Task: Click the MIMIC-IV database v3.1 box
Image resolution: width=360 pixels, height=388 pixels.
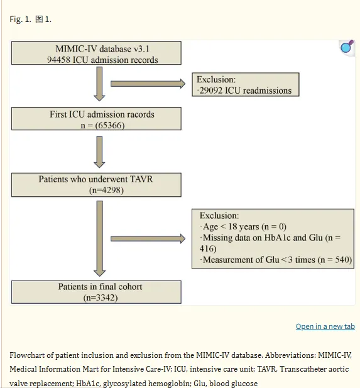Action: (x=96, y=53)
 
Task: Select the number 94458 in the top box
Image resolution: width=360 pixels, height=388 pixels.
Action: (x=58, y=60)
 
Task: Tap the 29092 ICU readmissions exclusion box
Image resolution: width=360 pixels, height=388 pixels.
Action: (x=246, y=84)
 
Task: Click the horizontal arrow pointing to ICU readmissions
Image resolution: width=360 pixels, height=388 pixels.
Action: (x=148, y=84)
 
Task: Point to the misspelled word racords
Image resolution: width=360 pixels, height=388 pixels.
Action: (x=141, y=114)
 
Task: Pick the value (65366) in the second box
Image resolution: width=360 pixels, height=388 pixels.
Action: (x=110, y=125)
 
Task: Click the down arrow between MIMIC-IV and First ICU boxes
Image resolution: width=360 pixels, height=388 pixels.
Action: (x=99, y=84)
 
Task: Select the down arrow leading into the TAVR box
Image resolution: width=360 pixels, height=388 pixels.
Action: (x=99, y=152)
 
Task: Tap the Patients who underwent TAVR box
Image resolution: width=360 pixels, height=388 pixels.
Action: (x=96, y=185)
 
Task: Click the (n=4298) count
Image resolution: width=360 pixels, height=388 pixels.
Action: (x=106, y=190)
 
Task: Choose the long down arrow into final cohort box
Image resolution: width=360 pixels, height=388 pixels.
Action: (x=100, y=238)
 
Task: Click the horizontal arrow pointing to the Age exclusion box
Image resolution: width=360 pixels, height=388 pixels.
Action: (x=148, y=238)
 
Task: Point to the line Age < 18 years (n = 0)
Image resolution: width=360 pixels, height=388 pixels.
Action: (x=244, y=226)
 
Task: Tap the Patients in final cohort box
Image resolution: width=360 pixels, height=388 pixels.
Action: (x=96, y=292)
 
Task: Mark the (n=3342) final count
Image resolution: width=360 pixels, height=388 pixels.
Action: (x=101, y=297)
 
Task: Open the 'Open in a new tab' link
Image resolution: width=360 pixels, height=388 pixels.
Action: (x=325, y=326)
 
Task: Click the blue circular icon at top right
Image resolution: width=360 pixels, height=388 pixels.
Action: (x=347, y=47)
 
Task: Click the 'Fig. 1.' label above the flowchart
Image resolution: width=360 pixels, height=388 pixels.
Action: (x=21, y=19)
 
